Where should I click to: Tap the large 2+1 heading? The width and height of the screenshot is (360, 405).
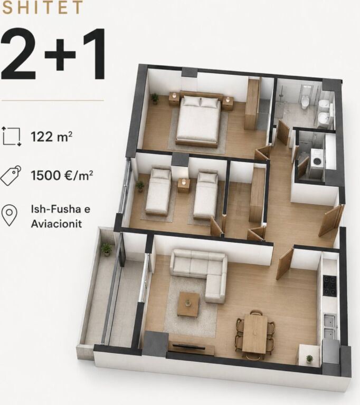pos(53,54)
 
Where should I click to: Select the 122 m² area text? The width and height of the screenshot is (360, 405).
pos(51,137)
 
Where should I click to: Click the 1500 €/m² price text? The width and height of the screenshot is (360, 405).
pos(62,176)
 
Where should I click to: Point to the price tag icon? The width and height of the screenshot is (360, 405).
pos(11,176)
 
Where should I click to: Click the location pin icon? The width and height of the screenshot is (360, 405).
pos(10,216)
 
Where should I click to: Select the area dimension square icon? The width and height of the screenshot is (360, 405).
pos(12,137)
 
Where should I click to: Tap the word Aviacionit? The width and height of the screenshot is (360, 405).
pos(56,224)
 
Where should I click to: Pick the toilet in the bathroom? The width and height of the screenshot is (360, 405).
pos(305,101)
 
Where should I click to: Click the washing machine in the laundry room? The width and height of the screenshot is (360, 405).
pos(317,161)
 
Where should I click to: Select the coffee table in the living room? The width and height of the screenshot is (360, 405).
pos(188,304)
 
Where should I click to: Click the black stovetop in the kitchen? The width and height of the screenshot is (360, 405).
pos(330,286)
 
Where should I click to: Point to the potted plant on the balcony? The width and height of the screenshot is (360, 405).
pos(106,249)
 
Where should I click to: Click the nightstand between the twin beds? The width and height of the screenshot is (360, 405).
pos(183,185)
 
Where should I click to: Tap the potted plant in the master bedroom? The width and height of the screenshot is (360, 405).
pos(155,99)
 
